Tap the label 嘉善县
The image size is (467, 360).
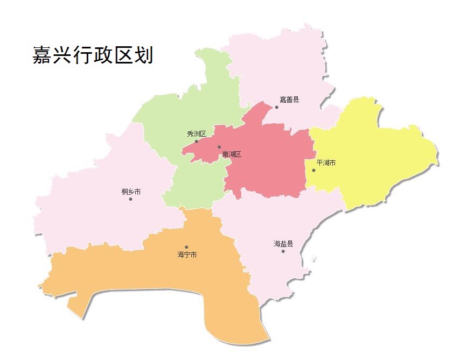pyautogui.click(x=289, y=100)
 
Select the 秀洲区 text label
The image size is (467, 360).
pyautogui.click(x=197, y=133)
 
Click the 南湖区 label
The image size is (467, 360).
pyautogui.click(x=232, y=154)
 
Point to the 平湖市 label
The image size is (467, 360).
pyautogui.click(x=326, y=163)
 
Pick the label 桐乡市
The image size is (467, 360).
pyautogui.click(x=131, y=192)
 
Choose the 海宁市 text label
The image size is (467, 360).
pyautogui.click(x=187, y=255)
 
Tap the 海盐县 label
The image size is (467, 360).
pyautogui.click(x=283, y=244)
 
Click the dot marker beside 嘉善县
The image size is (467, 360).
pyautogui.click(x=277, y=107)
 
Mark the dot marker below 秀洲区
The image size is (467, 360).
pyautogui.click(x=196, y=142)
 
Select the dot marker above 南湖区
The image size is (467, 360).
pyautogui.click(x=219, y=147)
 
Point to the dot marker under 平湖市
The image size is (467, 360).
pyautogui.click(x=313, y=171)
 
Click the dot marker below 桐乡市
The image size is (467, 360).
pyautogui.click(x=130, y=199)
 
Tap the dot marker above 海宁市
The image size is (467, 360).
pyautogui.click(x=186, y=247)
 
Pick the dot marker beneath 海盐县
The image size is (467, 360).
pyautogui.click(x=283, y=251)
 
